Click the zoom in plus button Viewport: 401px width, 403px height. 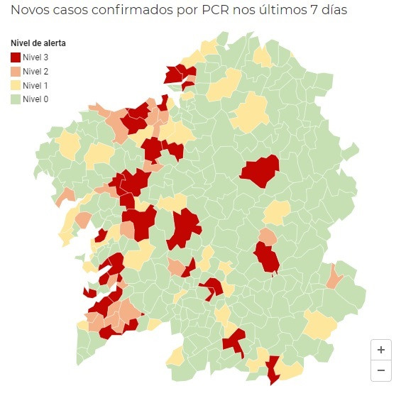pos(381,350)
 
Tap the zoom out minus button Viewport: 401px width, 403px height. pos(381,370)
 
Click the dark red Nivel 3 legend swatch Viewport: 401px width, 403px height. pos(15,57)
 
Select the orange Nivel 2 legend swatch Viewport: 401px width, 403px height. pos(15,71)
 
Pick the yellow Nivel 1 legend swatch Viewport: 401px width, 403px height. pos(15,85)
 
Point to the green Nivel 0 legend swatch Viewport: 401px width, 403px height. pos(15,99)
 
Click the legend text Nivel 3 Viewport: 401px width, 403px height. pos(35,57)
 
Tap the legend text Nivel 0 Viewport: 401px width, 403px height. pos(35,99)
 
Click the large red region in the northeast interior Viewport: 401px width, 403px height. pos(260,171)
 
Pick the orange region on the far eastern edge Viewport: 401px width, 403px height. pos(334,276)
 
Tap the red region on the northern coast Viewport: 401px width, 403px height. pos(178,74)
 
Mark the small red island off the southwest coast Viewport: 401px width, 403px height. pos(89,292)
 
